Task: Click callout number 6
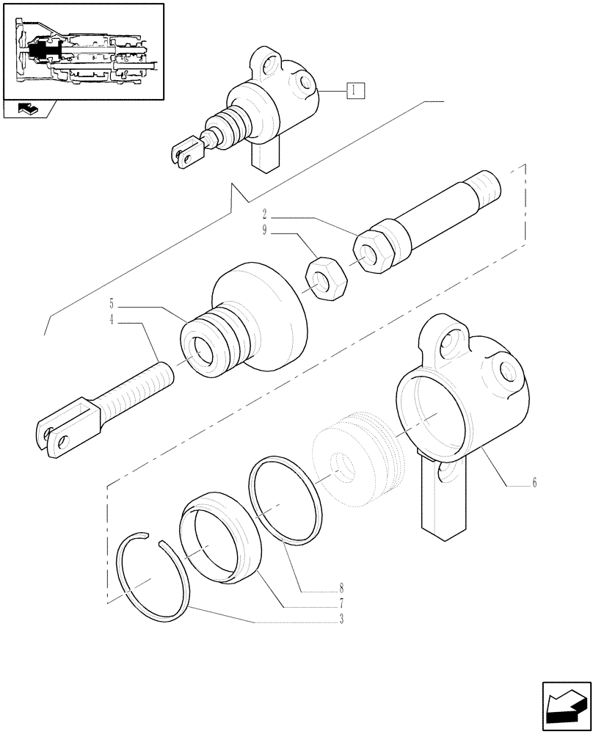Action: pos(534,483)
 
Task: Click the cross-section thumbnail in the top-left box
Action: pos(83,51)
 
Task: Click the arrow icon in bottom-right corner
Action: pos(566,706)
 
